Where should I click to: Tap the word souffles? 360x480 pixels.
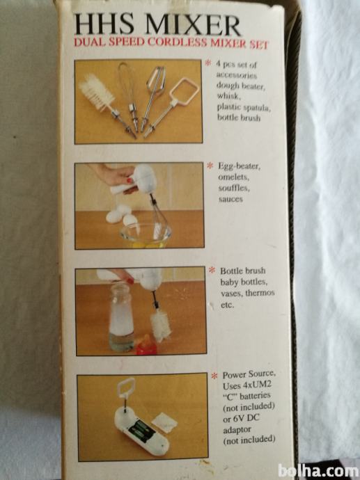(x=234, y=188)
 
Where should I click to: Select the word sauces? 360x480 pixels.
(x=230, y=199)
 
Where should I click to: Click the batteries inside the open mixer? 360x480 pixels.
(x=142, y=429)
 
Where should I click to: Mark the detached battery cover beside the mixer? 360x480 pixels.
(x=164, y=422)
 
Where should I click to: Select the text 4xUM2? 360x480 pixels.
(x=252, y=385)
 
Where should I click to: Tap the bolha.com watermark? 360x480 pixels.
(x=318, y=472)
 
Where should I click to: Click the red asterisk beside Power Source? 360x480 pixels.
(x=214, y=376)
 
